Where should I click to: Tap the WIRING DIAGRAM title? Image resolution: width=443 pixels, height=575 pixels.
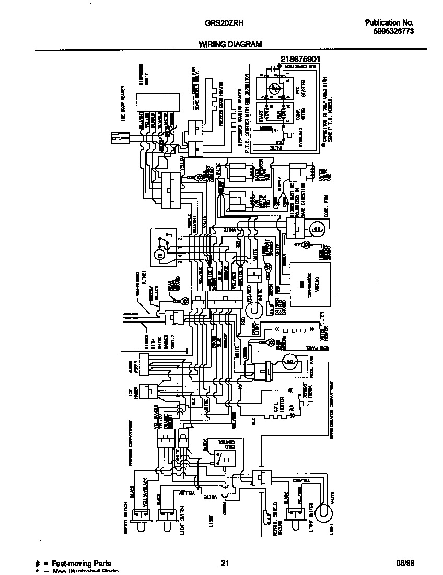click(x=230, y=45)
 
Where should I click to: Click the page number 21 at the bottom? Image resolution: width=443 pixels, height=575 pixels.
click(x=225, y=563)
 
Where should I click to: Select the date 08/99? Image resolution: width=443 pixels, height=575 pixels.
click(x=404, y=563)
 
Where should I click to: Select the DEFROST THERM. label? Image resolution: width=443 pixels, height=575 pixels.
click(x=308, y=401)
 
